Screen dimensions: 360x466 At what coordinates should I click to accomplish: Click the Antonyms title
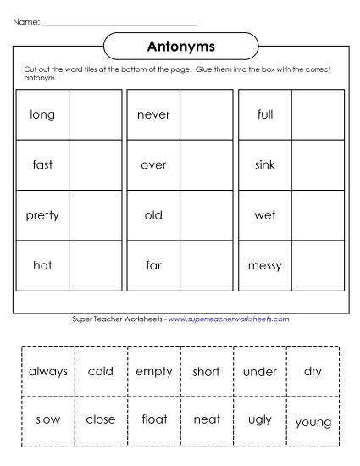tap(180, 44)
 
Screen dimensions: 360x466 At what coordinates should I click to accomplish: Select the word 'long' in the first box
tap(42, 114)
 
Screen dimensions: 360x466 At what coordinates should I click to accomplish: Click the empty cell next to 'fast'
tap(95, 165)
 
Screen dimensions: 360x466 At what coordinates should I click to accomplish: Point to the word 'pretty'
tap(42, 215)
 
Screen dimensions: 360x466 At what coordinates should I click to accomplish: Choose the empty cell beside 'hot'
tap(95, 265)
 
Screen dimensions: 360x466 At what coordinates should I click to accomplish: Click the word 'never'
tap(153, 114)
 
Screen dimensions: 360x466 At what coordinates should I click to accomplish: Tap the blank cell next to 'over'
tap(206, 165)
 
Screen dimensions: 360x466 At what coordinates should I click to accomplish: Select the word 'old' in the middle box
tap(153, 215)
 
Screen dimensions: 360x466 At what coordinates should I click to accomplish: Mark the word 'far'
tap(153, 265)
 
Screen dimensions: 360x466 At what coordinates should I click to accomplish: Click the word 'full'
tap(265, 114)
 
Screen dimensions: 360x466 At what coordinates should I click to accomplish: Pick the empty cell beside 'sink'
tap(317, 165)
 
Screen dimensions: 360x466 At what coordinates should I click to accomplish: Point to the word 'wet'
tap(265, 215)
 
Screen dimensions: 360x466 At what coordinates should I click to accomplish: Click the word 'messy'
tap(265, 265)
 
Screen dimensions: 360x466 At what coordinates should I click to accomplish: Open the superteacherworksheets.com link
tap(229, 319)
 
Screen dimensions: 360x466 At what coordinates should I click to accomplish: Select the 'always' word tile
tap(48, 371)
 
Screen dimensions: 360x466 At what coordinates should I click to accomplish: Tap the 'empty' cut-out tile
tap(153, 371)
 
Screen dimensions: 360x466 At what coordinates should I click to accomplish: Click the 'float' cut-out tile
tap(153, 419)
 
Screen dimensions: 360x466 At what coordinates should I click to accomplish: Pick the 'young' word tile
tap(313, 421)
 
